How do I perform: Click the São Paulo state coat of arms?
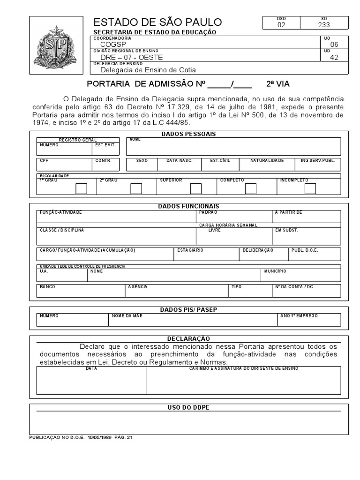click(58, 45)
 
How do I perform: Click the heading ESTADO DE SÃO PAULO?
click(157, 22)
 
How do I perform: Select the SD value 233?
click(324, 25)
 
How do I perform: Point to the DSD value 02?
click(281, 25)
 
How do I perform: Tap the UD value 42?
click(334, 57)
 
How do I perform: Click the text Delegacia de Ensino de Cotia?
click(148, 70)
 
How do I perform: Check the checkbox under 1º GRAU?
click(82, 188)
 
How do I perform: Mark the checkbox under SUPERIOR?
click(196, 188)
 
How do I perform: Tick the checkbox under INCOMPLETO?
click(310, 188)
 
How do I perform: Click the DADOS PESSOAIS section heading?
click(188, 134)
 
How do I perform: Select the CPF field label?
click(44, 160)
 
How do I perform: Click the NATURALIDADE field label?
click(267, 160)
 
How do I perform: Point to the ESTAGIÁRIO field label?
click(190, 250)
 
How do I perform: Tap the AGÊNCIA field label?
click(138, 286)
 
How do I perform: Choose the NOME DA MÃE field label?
click(127, 315)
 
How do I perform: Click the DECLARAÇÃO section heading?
click(188, 338)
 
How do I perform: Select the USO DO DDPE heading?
click(188, 407)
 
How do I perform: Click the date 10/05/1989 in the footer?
click(100, 437)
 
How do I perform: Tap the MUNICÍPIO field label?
click(275, 271)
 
